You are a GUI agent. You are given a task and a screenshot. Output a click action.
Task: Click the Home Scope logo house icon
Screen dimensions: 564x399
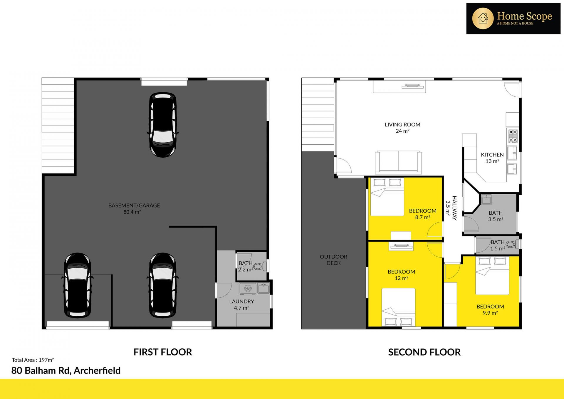coord(483,19)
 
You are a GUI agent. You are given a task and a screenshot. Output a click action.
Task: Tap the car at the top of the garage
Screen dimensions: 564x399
coord(163,125)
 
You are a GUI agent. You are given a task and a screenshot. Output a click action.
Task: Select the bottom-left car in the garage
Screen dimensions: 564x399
coord(78,285)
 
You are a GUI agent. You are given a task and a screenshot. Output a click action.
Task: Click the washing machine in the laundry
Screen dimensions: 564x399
coord(248,289)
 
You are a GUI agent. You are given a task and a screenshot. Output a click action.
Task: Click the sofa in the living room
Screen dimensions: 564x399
coord(398,162)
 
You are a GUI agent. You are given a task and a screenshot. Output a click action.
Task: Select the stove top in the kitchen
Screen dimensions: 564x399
coord(513,136)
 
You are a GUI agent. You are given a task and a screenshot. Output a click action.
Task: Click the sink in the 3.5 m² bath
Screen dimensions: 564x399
coord(486,199)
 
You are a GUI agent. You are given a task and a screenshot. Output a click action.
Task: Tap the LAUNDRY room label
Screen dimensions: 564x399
coord(241,301)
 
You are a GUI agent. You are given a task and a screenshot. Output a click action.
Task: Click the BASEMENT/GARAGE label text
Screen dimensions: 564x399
coord(134,206)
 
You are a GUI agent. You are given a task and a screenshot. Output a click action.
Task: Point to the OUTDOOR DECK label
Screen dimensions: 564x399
coord(333,260)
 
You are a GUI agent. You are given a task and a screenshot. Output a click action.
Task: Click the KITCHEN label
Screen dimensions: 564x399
coord(492,155)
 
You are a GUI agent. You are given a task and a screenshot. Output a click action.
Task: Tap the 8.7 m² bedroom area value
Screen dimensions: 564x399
coord(423,217)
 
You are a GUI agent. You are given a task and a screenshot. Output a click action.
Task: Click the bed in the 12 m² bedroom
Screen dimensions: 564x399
coord(398,307)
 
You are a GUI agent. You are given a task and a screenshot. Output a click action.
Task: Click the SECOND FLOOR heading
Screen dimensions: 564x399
coord(424,352)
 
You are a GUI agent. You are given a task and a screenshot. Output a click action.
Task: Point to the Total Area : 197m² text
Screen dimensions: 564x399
coord(33,360)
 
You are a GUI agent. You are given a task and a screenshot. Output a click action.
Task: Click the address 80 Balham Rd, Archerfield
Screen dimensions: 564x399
coord(66,370)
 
